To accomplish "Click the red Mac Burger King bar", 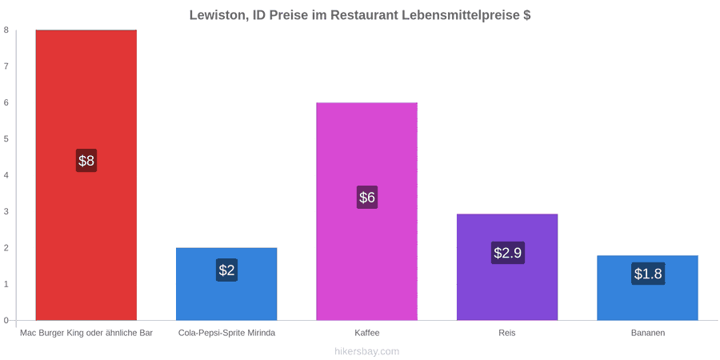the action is (x=86, y=175).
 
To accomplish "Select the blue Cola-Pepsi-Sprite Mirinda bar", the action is (x=226, y=284).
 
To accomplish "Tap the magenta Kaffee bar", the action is (x=367, y=211).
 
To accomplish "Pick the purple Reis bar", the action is (x=507, y=266).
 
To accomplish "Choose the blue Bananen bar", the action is (x=647, y=287).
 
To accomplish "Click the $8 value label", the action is (x=86, y=161).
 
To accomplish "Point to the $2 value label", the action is (x=226, y=270).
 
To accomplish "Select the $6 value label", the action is (x=367, y=198).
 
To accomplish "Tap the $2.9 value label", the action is (x=507, y=253).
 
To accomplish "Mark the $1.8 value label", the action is (x=648, y=274).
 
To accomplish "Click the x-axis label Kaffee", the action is (x=367, y=333).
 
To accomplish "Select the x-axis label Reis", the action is (x=507, y=333).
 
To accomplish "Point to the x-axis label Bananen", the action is (x=647, y=333).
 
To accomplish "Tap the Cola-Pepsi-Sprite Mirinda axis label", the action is (x=227, y=333).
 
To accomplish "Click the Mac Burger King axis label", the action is (x=86, y=333).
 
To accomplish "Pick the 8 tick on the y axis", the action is (x=6, y=30).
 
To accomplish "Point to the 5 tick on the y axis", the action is (x=6, y=138).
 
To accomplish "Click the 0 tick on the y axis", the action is (x=6, y=320).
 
